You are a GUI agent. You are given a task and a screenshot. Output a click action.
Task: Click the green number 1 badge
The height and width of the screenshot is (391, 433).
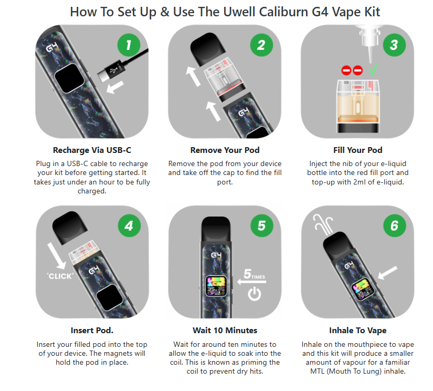click(x=129, y=45)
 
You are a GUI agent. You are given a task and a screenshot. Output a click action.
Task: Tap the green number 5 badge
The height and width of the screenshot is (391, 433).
click(x=262, y=225)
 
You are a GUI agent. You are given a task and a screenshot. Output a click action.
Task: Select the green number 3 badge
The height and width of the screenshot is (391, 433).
click(x=394, y=45)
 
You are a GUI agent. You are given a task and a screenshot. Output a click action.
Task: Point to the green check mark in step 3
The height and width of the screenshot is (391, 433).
click(x=373, y=70)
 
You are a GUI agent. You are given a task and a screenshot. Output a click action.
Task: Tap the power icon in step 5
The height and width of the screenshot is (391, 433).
click(x=255, y=294)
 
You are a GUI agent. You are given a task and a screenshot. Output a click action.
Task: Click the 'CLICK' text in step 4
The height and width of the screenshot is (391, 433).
click(x=60, y=276)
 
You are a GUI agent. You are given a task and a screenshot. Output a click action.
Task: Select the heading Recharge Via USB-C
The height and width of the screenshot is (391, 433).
click(x=92, y=150)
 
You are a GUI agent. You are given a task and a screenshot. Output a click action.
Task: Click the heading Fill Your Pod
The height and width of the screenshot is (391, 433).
click(x=357, y=150)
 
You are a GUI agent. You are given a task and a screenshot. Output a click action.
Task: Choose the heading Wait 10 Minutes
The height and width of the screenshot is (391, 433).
click(x=225, y=331)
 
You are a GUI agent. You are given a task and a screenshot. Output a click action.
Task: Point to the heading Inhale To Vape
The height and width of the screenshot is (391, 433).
click(x=357, y=331)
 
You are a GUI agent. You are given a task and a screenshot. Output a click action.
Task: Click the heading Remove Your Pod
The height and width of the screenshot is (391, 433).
click(x=225, y=150)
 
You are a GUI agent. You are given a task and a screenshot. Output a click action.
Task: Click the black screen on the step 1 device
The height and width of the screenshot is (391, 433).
click(x=69, y=78)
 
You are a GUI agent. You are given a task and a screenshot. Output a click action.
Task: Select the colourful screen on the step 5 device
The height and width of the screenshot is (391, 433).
click(x=216, y=286)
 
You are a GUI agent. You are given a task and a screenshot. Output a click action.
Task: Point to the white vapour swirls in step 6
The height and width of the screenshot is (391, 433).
click(x=323, y=224)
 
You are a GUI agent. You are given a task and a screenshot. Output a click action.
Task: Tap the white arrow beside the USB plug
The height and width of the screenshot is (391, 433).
click(x=115, y=87)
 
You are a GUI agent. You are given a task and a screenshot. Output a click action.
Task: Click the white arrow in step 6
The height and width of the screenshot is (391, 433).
click(x=387, y=273)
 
